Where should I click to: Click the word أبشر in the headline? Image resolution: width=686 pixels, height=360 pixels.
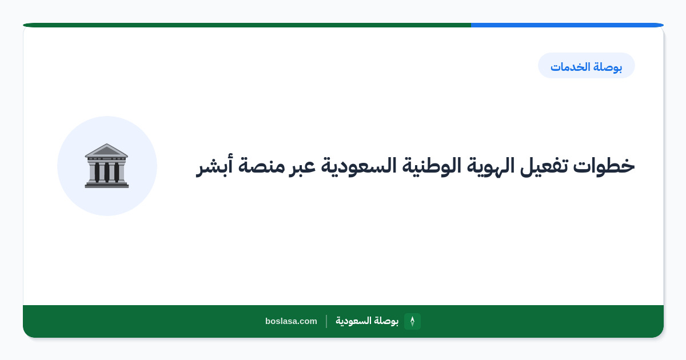pyautogui.click(x=214, y=166)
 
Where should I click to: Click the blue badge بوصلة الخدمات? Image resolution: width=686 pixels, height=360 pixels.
pyautogui.click(x=587, y=66)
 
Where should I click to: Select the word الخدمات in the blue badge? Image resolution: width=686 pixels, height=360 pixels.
pyautogui.click(x=571, y=66)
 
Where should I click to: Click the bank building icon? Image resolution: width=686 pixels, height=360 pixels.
pyautogui.click(x=106, y=166)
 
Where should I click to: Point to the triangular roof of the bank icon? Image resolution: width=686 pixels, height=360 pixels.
pyautogui.click(x=106, y=150)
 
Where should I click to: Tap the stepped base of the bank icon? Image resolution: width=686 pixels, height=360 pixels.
pyautogui.click(x=106, y=184)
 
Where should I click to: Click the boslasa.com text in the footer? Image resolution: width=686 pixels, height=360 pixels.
pyautogui.click(x=291, y=321)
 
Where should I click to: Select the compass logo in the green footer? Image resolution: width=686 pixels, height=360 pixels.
pyautogui.click(x=412, y=321)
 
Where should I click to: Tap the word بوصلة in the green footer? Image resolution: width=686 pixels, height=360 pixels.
pyautogui.click(x=386, y=321)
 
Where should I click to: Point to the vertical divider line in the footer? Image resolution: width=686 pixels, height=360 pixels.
pyautogui.click(x=326, y=321)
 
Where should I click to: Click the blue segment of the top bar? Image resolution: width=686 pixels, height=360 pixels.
pyautogui.click(x=567, y=25)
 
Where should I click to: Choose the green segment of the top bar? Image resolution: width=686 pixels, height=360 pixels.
pyautogui.click(x=247, y=25)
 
